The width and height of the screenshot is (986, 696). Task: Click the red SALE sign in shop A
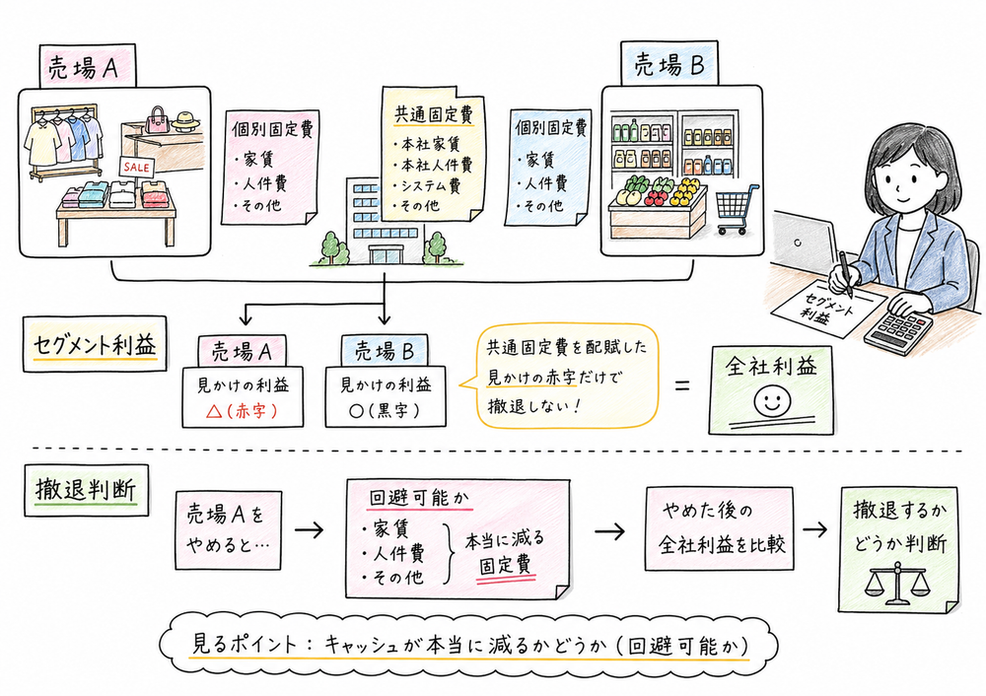[x=136, y=168]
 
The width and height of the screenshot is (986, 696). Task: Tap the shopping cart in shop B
[x=737, y=210]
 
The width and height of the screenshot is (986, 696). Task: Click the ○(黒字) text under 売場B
[x=380, y=406]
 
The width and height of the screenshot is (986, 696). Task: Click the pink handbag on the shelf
[x=158, y=122]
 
